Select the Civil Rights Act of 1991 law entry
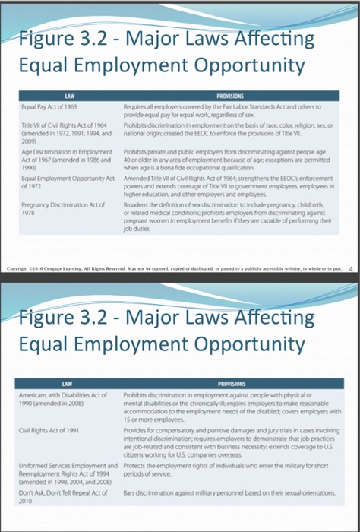click(43, 430)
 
